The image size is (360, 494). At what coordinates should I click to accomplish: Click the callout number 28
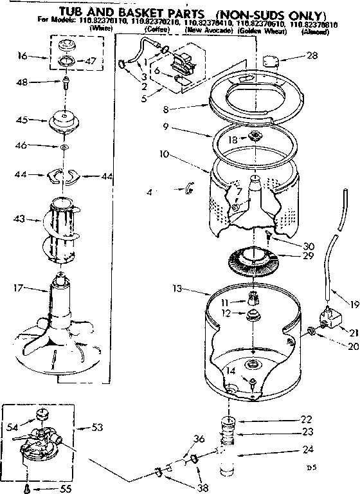click(x=312, y=56)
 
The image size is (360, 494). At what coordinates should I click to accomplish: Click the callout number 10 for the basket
click(x=163, y=154)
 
